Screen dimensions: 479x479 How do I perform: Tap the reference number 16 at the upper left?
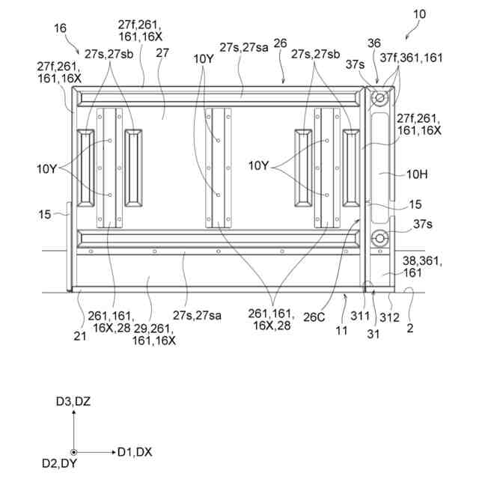tap(59, 28)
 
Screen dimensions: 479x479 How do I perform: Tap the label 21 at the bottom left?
tap(79, 316)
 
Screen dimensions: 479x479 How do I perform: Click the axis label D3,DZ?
tap(73, 402)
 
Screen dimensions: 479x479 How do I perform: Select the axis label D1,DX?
tap(135, 452)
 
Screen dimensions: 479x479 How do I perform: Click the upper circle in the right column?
tap(379, 98)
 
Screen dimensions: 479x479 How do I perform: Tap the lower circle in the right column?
tap(379, 239)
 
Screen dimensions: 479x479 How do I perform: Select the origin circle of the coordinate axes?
tap(73, 452)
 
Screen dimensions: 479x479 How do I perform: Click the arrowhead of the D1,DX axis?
tap(112, 452)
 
